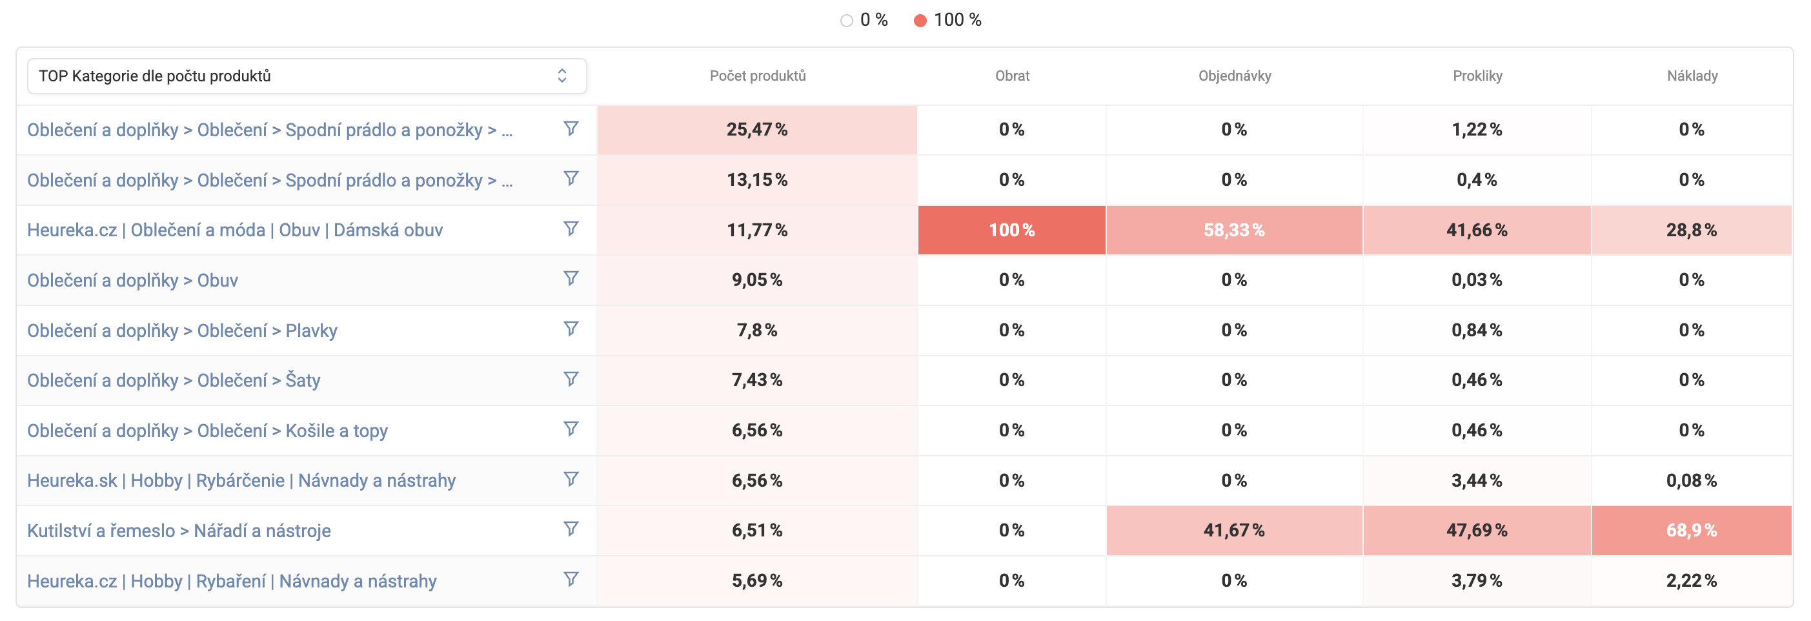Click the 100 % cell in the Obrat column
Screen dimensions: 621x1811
tap(1011, 230)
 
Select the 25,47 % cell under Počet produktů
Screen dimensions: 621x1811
tap(756, 129)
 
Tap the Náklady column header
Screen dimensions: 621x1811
tap(1692, 76)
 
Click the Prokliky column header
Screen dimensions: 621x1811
tap(1477, 76)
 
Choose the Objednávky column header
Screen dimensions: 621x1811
tap(1234, 76)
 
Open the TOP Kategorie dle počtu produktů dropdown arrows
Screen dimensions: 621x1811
tap(561, 76)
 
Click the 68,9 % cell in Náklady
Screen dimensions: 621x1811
tap(1691, 530)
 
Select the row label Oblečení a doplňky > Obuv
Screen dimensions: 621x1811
tap(132, 280)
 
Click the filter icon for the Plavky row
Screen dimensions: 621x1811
tap(571, 329)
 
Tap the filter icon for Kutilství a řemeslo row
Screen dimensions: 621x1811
tap(571, 528)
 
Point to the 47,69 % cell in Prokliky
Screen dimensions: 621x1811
tap(1477, 530)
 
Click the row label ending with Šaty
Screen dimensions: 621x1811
tap(174, 380)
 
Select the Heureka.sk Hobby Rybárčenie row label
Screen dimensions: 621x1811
tap(241, 480)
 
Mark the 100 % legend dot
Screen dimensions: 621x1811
tap(920, 21)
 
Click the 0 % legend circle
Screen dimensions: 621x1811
tap(847, 21)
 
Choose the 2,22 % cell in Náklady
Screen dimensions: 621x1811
tap(1691, 581)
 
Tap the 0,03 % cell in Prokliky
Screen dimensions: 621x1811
tap(1477, 280)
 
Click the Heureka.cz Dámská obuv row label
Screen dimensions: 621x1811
tap(235, 230)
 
